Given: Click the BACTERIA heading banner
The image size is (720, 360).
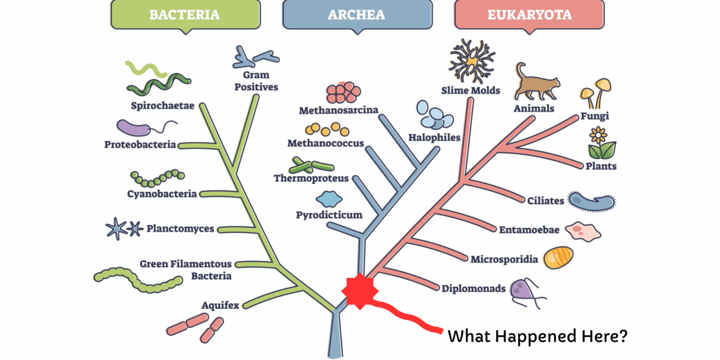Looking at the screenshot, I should tap(184, 15).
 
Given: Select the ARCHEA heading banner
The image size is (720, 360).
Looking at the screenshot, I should tap(357, 15).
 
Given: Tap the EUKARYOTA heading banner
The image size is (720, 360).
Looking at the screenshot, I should tap(529, 15).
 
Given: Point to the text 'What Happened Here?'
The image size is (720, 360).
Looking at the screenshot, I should tap(537, 336).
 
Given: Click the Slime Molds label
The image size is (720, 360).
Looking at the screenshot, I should tap(470, 91).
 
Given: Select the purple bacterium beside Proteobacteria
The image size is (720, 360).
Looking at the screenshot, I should tap(134, 128).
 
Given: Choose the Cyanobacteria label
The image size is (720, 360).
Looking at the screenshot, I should tap(162, 194).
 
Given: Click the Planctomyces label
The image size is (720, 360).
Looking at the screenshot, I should tap(180, 229).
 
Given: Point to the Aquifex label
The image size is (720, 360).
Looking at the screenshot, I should tap(220, 305).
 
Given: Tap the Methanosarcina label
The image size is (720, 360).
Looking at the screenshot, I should tap(339, 110).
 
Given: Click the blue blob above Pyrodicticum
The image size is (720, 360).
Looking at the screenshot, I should tap(329, 199).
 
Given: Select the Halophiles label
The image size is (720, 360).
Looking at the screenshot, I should tap(434, 137).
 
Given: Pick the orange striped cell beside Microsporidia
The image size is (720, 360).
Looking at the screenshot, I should tap(558, 258).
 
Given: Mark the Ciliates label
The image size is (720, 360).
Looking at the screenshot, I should tap(546, 200).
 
